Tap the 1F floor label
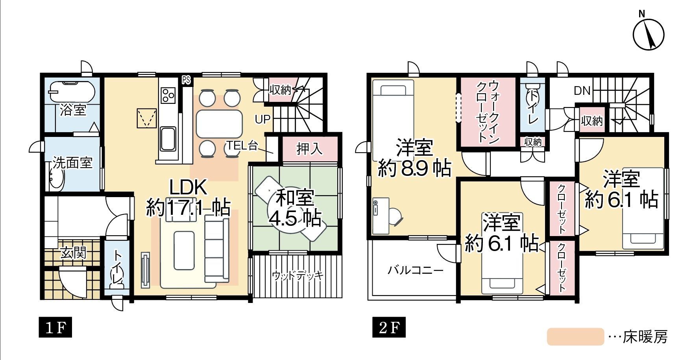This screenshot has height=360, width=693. coord(55,327)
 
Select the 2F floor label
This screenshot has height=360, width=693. coord(389,327)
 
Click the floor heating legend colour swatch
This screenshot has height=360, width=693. coord(575,337)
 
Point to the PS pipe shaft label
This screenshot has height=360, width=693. coord(186,80)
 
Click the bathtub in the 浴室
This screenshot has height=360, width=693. coord(72,92)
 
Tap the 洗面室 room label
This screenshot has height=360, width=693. coord(73,162)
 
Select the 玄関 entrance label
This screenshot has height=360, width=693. coord(73,253)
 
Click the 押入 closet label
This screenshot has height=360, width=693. coord(310,149)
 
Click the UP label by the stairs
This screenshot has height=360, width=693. coord(262,119)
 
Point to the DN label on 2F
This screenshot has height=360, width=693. coord(582,91)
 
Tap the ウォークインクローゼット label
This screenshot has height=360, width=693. coord(488,112)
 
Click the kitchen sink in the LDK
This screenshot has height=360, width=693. coord(168,139)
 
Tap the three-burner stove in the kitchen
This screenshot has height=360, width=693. coord(169,95)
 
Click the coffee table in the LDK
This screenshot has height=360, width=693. coord(184,250)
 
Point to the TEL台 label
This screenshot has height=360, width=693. coord(242,146)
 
